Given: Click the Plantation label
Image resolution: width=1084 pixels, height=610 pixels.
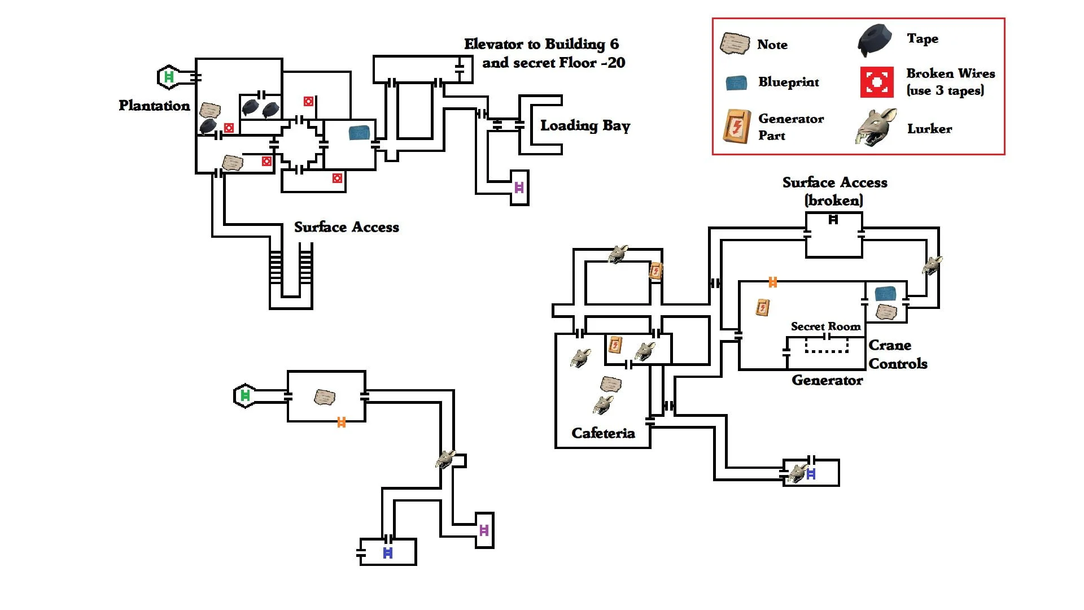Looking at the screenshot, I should click(154, 106).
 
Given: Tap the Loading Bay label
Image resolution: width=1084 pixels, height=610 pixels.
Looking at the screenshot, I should click(585, 125).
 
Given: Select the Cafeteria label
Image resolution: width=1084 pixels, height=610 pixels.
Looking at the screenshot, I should click(603, 433).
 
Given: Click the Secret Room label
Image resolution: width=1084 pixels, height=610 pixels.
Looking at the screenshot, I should click(825, 326).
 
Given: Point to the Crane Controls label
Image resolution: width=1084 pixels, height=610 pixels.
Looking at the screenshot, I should click(898, 354).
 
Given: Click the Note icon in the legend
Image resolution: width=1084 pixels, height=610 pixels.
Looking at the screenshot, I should click(735, 43).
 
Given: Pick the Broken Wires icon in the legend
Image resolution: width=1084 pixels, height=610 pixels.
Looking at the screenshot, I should click(877, 82).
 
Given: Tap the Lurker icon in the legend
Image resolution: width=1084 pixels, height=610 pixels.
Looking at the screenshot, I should click(876, 128).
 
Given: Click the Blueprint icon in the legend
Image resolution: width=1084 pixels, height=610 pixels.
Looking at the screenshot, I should click(736, 83).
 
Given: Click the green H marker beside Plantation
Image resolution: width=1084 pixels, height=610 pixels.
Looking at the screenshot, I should click(168, 77).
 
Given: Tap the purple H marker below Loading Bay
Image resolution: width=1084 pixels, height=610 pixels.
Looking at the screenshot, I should click(519, 188).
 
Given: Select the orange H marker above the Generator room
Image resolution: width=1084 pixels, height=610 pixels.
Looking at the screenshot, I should click(773, 282).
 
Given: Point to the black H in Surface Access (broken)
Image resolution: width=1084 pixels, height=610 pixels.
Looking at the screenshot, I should click(833, 220).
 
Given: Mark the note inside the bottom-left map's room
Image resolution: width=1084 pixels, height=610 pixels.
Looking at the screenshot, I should click(325, 397).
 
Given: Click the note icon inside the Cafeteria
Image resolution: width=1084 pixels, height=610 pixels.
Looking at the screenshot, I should click(611, 385).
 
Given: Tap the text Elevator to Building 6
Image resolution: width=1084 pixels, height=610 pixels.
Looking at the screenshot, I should click(541, 44).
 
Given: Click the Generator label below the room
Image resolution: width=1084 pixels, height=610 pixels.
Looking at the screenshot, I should click(827, 380).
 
